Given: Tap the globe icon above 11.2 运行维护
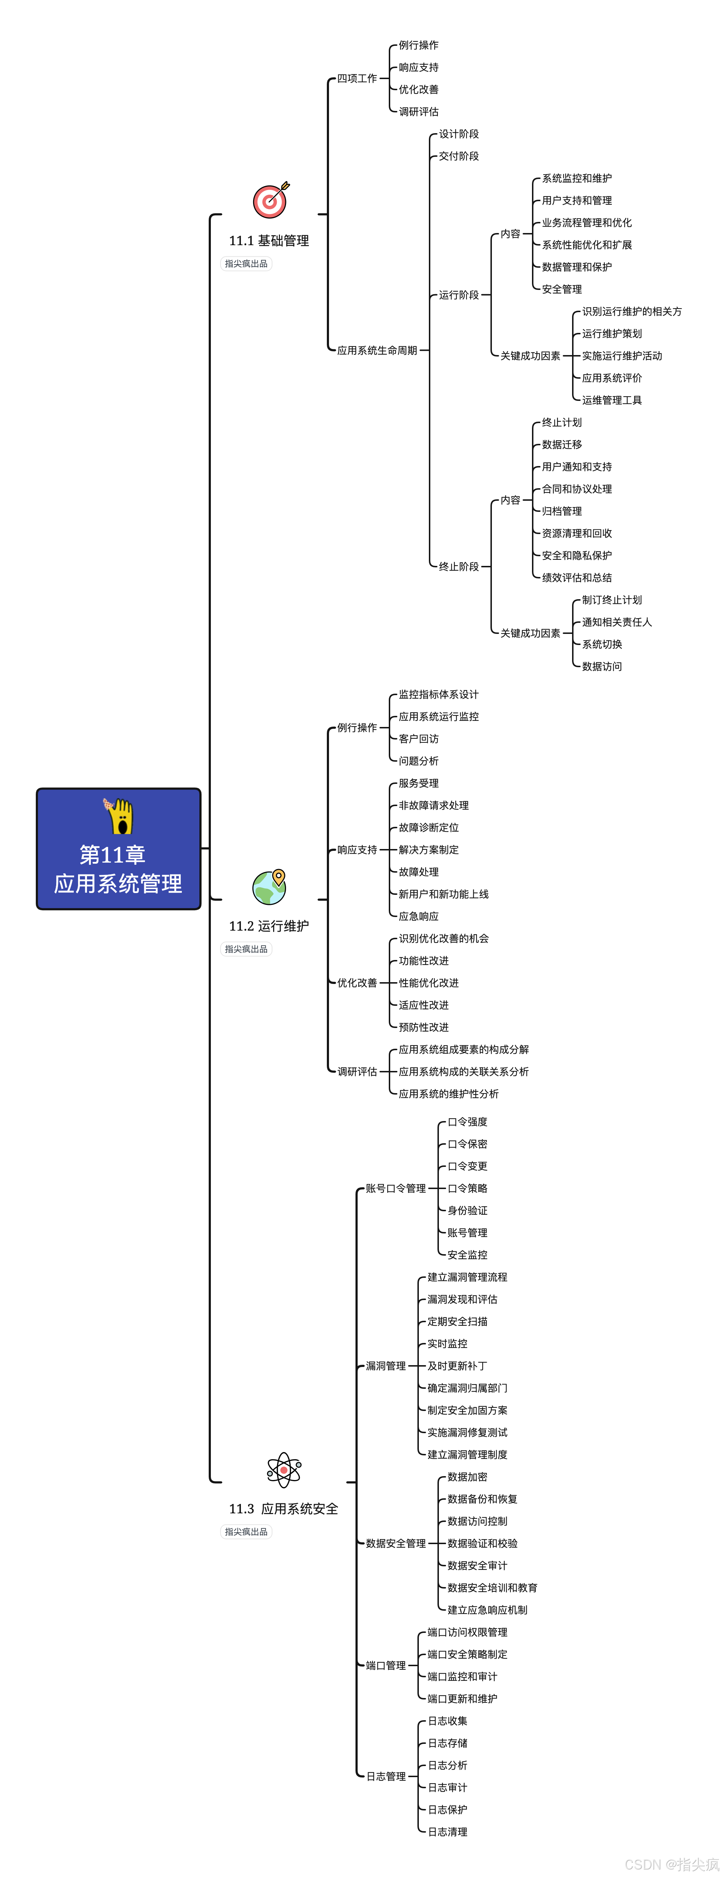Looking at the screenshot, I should [269, 887].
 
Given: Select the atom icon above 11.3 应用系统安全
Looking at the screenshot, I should [284, 1470].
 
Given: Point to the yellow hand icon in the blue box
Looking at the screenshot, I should [119, 816].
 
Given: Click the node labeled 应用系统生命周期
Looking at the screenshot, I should [377, 350].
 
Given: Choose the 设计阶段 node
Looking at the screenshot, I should [459, 134].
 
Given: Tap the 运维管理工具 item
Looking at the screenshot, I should [612, 400].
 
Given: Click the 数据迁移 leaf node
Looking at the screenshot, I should [561, 445].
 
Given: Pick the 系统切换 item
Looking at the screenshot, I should [601, 644].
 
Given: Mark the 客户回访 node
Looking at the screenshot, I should [418, 739].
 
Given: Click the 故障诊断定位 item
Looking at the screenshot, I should [429, 828].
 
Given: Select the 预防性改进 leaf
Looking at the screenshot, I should [424, 1027].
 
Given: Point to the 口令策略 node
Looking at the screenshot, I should [467, 1188].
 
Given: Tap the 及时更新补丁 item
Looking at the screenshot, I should [457, 1366].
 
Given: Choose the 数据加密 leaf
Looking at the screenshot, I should [467, 1477].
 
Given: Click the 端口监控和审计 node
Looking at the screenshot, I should [462, 1677].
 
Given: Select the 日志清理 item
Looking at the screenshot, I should [447, 1832].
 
